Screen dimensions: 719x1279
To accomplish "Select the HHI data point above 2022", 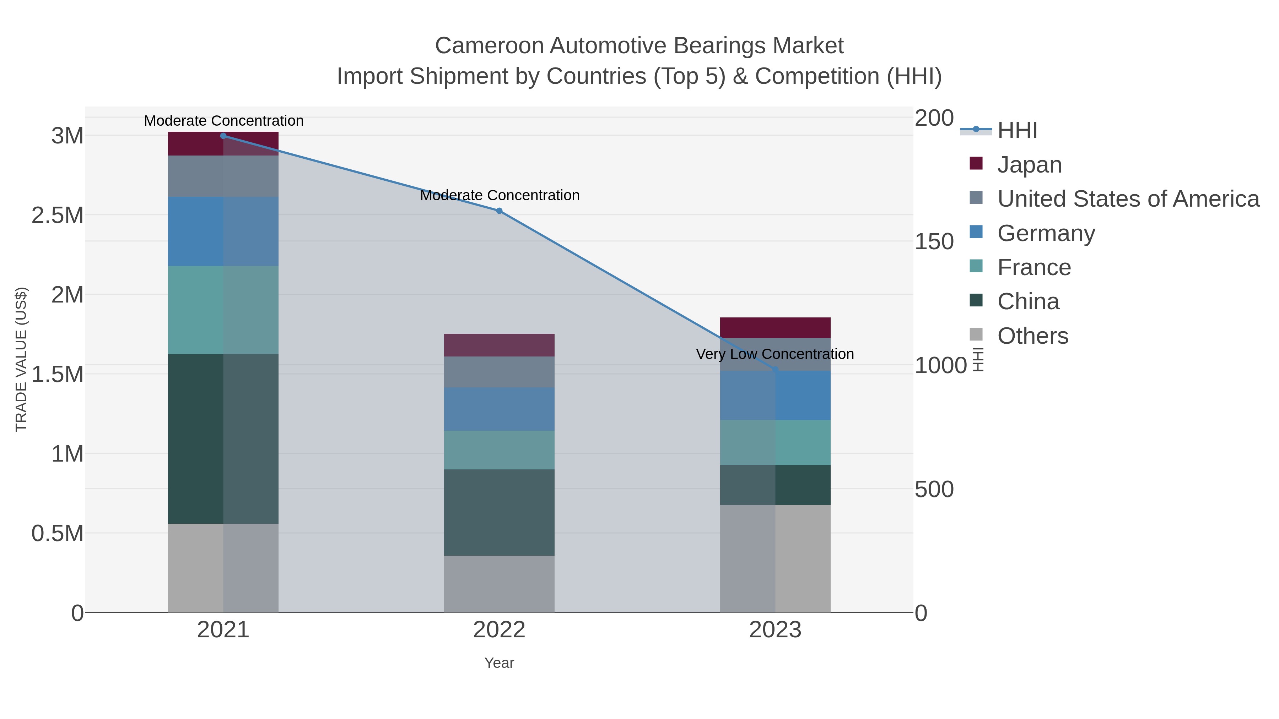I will pyautogui.click(x=499, y=211).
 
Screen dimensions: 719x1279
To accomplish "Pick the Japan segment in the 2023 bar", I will pyautogui.click(x=775, y=327).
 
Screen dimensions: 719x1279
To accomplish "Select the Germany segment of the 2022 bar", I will pyautogui.click(x=499, y=409).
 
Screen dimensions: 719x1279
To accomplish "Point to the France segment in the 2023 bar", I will pyautogui.click(x=775, y=443).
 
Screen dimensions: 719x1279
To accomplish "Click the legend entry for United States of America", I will pyautogui.click(x=1128, y=199).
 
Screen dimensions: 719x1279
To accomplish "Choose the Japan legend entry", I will pyautogui.click(x=1029, y=165).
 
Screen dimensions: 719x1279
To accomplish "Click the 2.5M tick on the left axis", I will pyautogui.click(x=58, y=216).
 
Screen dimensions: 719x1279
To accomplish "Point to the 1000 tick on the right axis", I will pyautogui.click(x=940, y=366).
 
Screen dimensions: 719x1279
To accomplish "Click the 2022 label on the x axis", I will pyautogui.click(x=499, y=631).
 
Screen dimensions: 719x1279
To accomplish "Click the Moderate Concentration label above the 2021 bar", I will pyautogui.click(x=223, y=121).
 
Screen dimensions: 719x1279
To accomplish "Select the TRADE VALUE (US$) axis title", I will pyautogui.click(x=21, y=359).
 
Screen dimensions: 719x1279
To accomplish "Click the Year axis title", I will pyautogui.click(x=499, y=663).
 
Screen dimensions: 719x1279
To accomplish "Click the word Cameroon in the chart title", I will pyautogui.click(x=489, y=46).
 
